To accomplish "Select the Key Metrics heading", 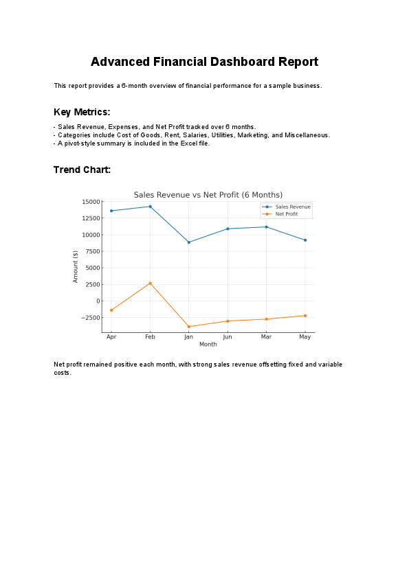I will pyautogui.click(x=82, y=112).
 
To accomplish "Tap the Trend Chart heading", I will pyautogui.click(x=82, y=170).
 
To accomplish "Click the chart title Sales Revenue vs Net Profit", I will pyautogui.click(x=208, y=195).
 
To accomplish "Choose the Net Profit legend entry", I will pyautogui.click(x=287, y=214).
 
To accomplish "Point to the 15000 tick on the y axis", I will pyautogui.click(x=91, y=202).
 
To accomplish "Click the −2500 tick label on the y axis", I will pyautogui.click(x=89, y=318).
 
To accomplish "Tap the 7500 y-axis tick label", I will pyautogui.click(x=92, y=251).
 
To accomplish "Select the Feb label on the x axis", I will pyautogui.click(x=150, y=338).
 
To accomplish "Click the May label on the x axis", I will pyautogui.click(x=305, y=338).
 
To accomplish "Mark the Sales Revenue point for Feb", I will pyautogui.click(x=150, y=207).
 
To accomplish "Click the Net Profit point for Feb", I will pyautogui.click(x=150, y=283).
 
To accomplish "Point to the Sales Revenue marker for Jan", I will pyautogui.click(x=189, y=242).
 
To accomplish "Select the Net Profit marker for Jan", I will pyautogui.click(x=189, y=327).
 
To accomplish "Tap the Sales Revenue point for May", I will pyautogui.click(x=305, y=240).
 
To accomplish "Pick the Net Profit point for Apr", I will pyautogui.click(x=111, y=310).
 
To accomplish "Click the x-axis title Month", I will pyautogui.click(x=208, y=345).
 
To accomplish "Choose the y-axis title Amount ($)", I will pyautogui.click(x=76, y=266).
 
